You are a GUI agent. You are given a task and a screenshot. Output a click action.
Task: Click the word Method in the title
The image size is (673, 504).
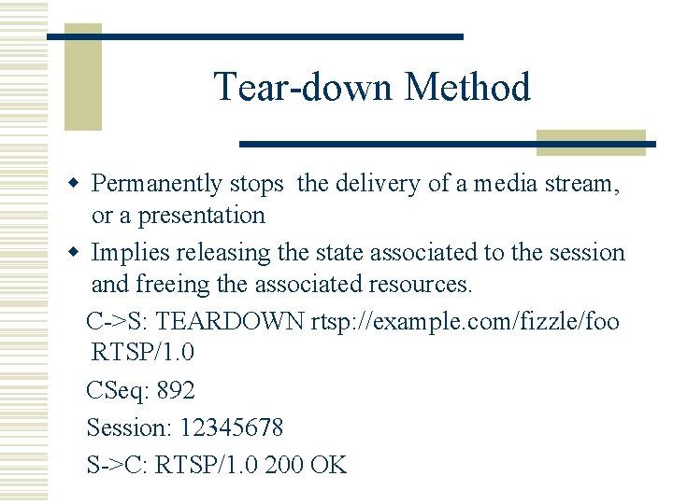[x=467, y=88]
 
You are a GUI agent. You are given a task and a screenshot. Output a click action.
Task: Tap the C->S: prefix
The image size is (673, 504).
[x=118, y=322]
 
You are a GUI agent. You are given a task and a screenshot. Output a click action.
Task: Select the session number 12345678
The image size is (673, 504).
[x=231, y=427]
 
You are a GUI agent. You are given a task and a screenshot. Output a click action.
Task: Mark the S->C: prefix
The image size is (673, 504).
[x=118, y=464]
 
